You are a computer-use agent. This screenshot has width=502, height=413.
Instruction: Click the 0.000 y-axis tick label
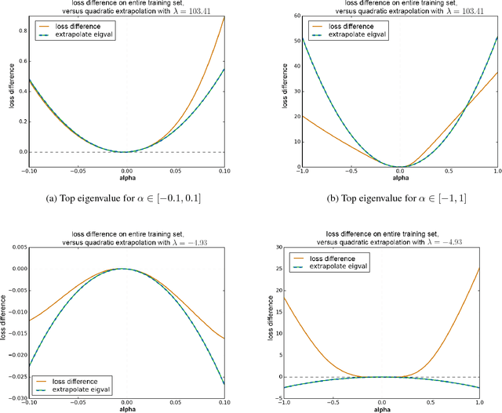click(16, 268)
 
